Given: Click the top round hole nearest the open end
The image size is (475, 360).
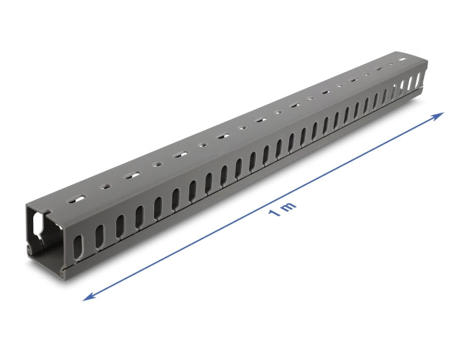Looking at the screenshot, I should [104, 186].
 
